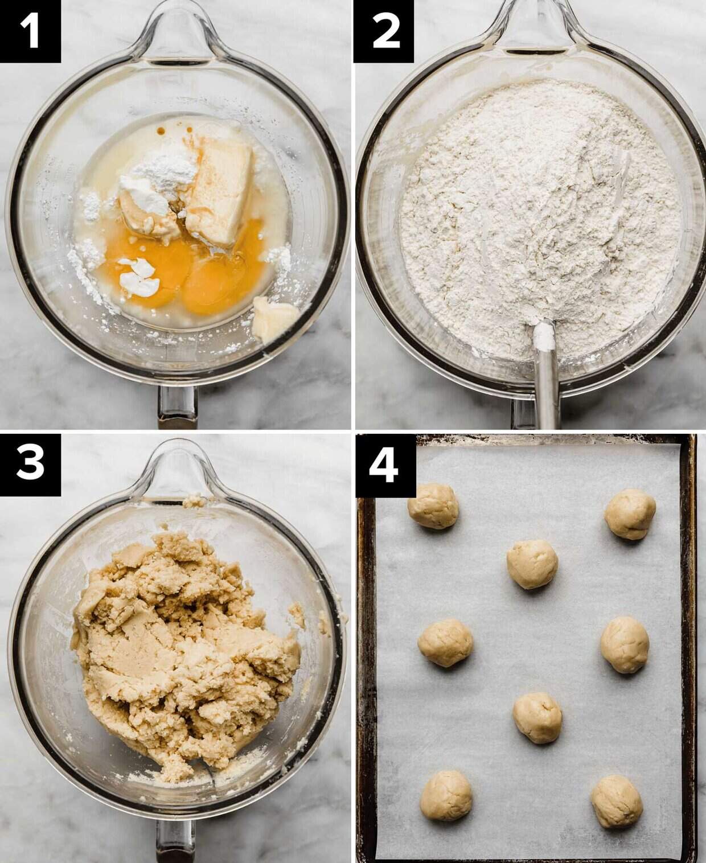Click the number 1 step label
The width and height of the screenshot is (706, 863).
30,31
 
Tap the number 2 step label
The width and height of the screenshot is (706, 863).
384,31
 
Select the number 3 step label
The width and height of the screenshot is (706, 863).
30,465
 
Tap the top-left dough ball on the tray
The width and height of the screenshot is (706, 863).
433,506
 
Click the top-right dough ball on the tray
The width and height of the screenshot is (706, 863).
630,514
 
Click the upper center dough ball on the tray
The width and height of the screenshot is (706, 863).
532,564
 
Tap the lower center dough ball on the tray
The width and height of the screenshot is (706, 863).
537,718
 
